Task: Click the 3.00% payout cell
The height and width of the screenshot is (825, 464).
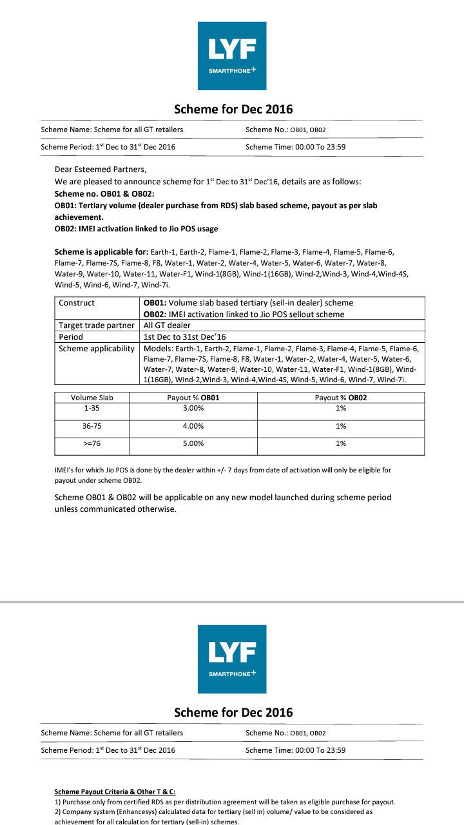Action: click(193, 409)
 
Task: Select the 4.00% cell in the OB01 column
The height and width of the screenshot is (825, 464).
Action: click(193, 426)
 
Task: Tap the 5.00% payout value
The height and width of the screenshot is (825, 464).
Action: click(193, 443)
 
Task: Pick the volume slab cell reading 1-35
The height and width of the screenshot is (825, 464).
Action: click(92, 409)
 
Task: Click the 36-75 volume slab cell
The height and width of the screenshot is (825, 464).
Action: click(92, 426)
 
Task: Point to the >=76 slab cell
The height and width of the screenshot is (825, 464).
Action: click(92, 443)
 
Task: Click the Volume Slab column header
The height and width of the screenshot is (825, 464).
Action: click(92, 398)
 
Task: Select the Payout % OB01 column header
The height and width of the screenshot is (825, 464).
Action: click(193, 398)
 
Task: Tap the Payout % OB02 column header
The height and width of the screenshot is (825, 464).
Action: click(341, 398)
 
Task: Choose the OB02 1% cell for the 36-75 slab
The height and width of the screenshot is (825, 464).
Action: click(341, 426)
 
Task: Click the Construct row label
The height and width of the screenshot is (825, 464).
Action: click(77, 303)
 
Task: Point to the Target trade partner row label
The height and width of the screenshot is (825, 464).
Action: click(97, 325)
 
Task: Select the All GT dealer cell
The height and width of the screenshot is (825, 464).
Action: click(167, 325)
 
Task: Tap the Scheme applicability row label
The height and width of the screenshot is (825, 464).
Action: click(97, 349)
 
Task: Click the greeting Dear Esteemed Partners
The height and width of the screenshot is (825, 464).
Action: click(101, 170)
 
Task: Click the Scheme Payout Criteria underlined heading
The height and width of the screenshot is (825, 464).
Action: click(115, 791)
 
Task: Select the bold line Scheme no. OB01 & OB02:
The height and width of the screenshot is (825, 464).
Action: click(104, 193)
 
